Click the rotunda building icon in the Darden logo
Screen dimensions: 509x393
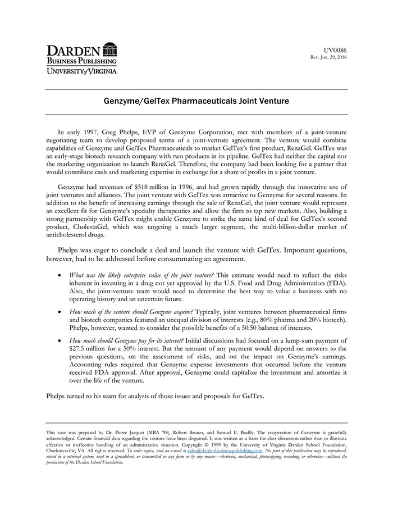click(x=110, y=49)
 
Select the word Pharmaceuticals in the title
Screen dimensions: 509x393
click(x=210, y=102)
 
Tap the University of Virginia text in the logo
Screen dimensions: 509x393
click(x=82, y=71)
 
